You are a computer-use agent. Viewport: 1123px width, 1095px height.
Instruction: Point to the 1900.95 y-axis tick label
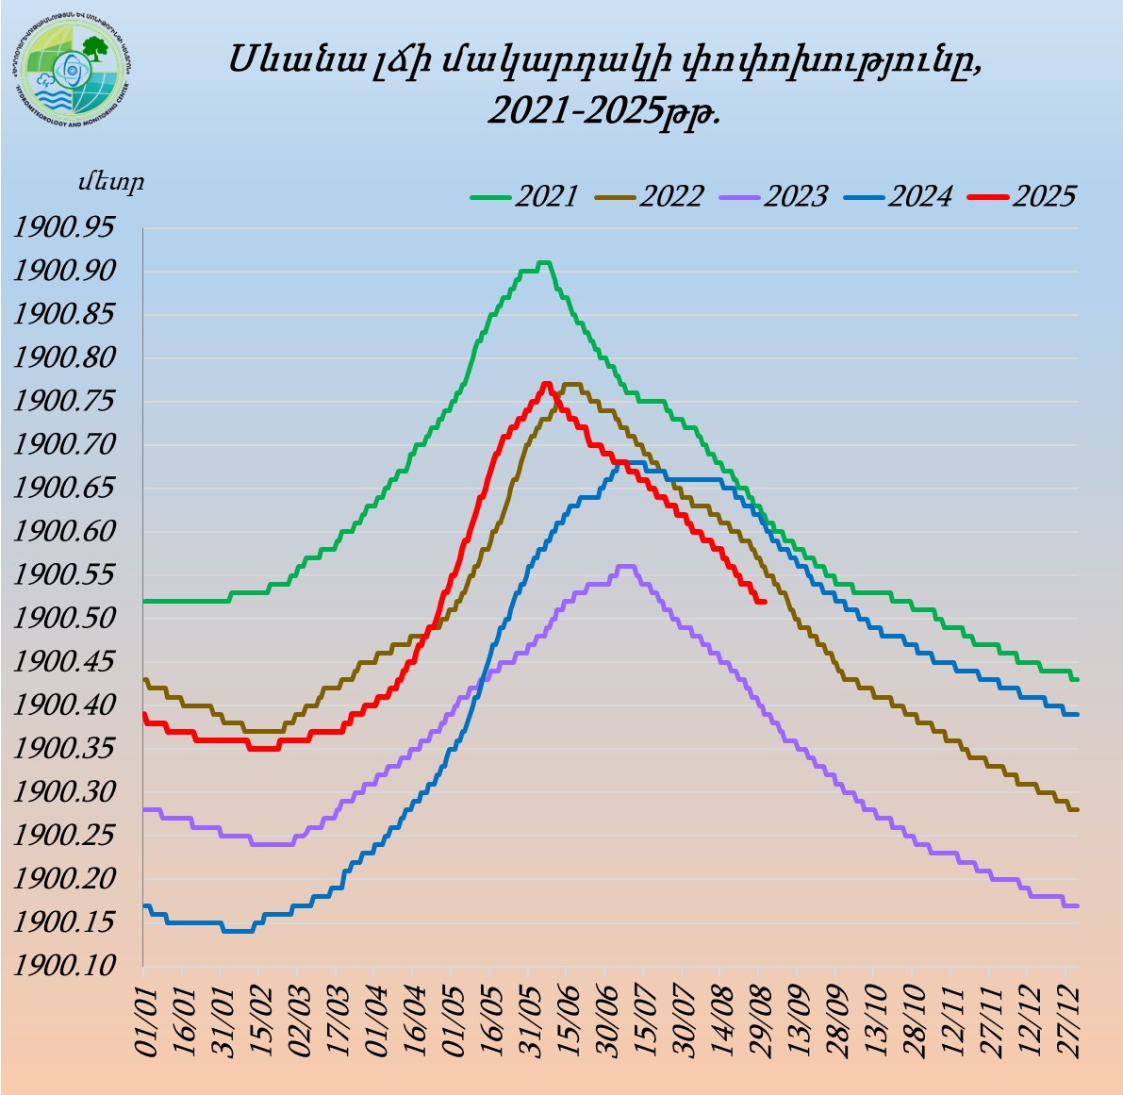point(73,228)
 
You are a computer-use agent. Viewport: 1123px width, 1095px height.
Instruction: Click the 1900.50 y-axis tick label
point(73,619)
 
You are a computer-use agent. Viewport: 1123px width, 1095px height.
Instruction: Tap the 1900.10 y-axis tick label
point(73,966)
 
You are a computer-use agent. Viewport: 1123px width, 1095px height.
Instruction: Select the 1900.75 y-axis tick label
point(73,402)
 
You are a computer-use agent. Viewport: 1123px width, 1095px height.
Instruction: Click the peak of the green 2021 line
point(543,262)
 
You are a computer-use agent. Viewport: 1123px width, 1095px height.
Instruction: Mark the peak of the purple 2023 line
point(625,566)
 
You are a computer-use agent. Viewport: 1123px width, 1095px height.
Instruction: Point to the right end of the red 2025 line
point(764,602)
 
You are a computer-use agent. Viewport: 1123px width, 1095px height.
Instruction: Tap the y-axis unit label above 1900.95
point(111,182)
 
